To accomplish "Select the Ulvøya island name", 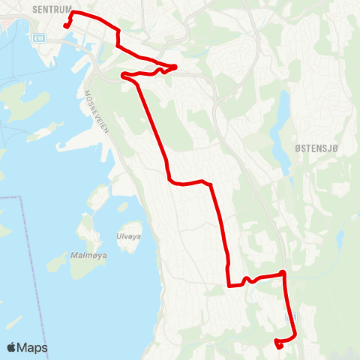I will pyautogui.click(x=127, y=235).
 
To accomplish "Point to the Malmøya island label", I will pyautogui.click(x=87, y=255).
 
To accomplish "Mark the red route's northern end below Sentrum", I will pyautogui.click(x=67, y=26).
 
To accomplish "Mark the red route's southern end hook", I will pyautogui.click(x=278, y=345).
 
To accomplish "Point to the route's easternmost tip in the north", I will pyautogui.click(x=175, y=66).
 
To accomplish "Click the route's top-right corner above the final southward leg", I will pyautogui.click(x=283, y=274).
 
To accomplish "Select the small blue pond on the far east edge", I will pyautogui.click(x=340, y=240).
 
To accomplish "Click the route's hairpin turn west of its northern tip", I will pyautogui.click(x=123, y=73).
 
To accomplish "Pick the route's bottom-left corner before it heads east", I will pyautogui.click(x=227, y=284).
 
